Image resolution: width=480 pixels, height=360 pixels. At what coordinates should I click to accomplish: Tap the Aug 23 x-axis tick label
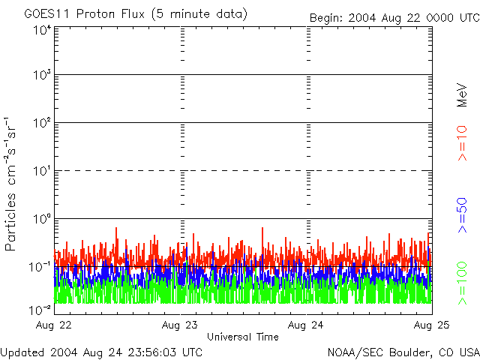[x=181, y=325]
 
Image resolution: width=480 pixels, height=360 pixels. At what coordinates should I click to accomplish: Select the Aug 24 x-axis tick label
[x=307, y=325]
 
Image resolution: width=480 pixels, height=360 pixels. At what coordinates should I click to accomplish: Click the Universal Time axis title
[x=242, y=337]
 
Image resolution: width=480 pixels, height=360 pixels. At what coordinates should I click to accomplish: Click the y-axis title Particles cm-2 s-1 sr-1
[x=13, y=183]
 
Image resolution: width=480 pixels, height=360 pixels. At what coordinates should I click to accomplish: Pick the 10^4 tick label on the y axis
[x=41, y=30]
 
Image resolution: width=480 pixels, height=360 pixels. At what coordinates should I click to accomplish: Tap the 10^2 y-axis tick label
[x=41, y=124]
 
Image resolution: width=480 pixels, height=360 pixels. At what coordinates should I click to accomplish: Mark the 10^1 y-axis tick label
[x=41, y=172]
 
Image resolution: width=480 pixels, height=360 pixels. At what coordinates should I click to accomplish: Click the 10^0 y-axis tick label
[x=41, y=220]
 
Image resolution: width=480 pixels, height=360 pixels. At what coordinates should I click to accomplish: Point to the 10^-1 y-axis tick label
[x=40, y=267]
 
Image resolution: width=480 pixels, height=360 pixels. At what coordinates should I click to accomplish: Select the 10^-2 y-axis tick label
[x=40, y=307]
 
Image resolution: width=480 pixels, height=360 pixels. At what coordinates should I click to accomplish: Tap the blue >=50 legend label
[x=463, y=214]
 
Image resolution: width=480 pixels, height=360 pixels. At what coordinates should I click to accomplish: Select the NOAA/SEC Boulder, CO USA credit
[x=403, y=352]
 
